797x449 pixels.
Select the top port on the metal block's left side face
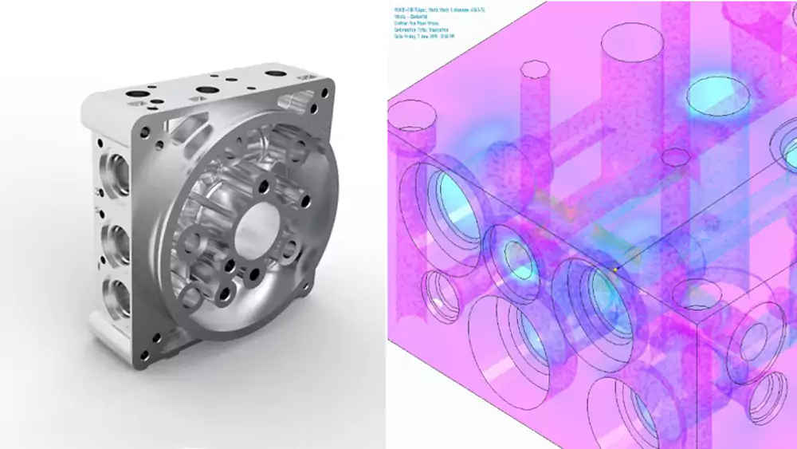click(x=116, y=171)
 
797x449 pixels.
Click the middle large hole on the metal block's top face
click(x=210, y=90)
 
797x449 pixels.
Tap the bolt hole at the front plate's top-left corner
click(x=149, y=128)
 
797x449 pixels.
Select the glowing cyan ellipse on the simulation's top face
click(x=717, y=95)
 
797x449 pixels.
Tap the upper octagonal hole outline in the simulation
click(x=530, y=67)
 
